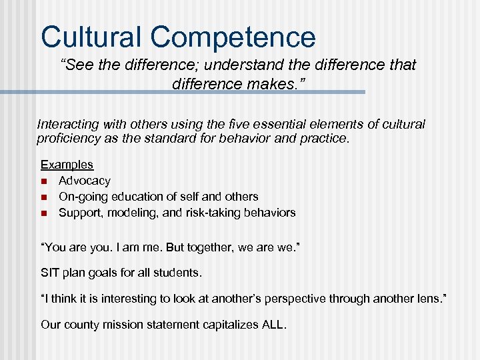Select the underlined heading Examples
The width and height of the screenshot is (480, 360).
pyautogui.click(x=67, y=165)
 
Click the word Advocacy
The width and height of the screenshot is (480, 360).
pyautogui.click(x=85, y=181)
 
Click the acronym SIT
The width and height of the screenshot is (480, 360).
pyautogui.click(x=50, y=273)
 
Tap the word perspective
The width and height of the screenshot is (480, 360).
pyautogui.click(x=293, y=299)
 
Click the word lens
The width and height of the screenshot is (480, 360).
pyautogui.click(x=431, y=299)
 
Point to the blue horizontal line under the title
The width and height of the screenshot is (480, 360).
pyautogui.click(x=200, y=92)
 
